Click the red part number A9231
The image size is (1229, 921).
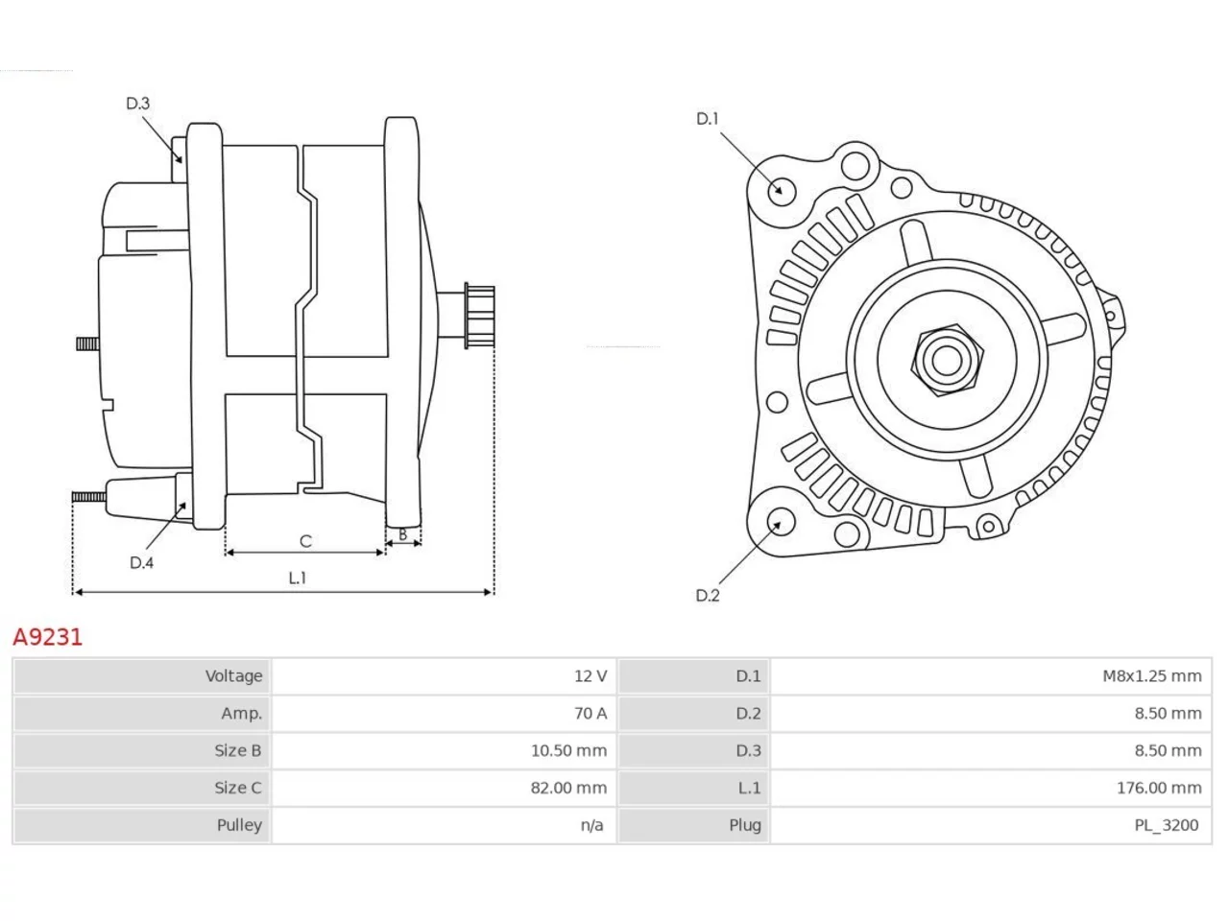pos(48,637)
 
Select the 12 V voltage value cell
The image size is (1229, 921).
pos(590,676)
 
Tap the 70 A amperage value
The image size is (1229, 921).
pos(590,713)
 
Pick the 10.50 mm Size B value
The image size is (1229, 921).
pos(568,750)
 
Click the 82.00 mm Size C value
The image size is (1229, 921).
pos(568,788)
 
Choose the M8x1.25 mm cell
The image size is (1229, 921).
pos(1151,676)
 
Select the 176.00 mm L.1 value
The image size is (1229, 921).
pos(1159,788)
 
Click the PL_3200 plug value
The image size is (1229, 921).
pos(1166,825)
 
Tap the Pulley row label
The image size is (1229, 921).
pos(239,825)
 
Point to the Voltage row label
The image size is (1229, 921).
pos(233,676)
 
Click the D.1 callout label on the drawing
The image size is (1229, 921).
pos(707,119)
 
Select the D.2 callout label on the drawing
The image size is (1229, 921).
pos(708,596)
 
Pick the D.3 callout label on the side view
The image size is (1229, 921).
pos(137,104)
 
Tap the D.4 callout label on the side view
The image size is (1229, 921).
pos(141,562)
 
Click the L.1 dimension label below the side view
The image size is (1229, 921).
pos(298,578)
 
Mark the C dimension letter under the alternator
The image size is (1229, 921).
pos(305,541)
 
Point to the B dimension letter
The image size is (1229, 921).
pos(402,534)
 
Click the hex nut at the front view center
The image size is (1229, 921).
pos(946,360)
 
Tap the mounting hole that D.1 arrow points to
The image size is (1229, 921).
pos(781,190)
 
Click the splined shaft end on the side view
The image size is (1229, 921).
pos(479,316)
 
